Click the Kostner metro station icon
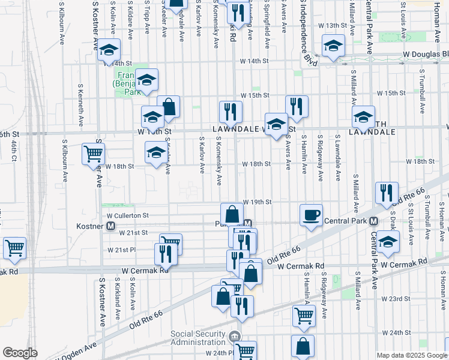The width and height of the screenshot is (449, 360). tap(110, 226)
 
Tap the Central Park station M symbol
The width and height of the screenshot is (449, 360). tap(373, 220)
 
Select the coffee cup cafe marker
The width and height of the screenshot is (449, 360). tap(311, 215)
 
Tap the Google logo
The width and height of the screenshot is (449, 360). tap(20, 353)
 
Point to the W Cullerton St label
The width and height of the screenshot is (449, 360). tap(127, 215)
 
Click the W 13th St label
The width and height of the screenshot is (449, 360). tap(332, 26)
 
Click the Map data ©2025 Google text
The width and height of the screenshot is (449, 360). tap(411, 355)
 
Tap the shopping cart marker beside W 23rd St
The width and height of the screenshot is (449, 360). tap(304, 315)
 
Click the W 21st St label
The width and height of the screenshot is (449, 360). tap(133, 232)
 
